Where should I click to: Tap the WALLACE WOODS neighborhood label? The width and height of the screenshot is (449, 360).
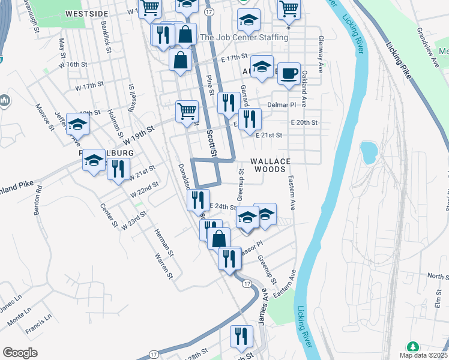[x=270, y=166]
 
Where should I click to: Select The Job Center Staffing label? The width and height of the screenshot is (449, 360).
[x=244, y=37]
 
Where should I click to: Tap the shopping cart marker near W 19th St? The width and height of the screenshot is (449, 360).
[x=187, y=111]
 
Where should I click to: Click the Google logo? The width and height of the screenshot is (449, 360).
[x=20, y=353]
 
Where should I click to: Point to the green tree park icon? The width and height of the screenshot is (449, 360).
[x=413, y=347]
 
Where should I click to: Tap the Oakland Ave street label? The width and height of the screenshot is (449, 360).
[x=304, y=88]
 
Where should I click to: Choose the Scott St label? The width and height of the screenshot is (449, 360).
[x=211, y=144]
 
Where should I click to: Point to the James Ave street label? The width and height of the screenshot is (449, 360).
[x=263, y=307]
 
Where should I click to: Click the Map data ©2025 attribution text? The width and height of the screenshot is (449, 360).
[x=424, y=355]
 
